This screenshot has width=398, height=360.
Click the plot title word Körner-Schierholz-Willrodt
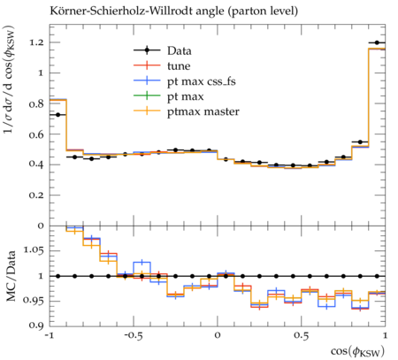[119, 11]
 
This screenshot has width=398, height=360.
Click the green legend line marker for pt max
[147, 96]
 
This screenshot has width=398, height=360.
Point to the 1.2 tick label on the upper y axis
[36, 42]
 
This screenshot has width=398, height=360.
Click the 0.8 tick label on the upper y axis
[36, 103]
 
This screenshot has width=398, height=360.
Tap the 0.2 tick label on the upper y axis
[36, 195]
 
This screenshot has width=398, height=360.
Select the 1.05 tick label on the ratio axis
[34, 250]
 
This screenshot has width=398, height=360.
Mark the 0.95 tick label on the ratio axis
[34, 301]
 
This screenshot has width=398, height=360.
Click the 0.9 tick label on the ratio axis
[36, 326]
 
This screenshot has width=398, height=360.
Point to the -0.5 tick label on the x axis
[133, 335]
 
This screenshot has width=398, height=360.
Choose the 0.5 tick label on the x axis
[302, 335]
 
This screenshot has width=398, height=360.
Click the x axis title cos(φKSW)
[357, 351]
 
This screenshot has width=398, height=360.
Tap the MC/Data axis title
[11, 276]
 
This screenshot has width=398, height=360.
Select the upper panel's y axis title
[10, 80]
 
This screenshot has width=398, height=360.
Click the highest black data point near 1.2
[377, 42]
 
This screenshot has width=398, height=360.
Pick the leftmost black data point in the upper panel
[57, 115]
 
